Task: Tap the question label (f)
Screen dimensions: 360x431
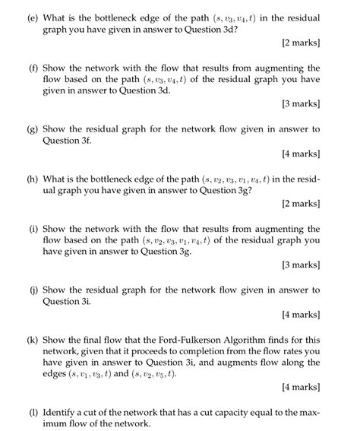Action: point(32,68)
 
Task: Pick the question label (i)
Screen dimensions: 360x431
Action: point(32,229)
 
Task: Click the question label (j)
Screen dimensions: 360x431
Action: point(32,290)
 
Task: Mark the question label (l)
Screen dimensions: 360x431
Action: point(32,413)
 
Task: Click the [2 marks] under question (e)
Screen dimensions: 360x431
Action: point(302,43)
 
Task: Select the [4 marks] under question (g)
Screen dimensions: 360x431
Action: point(302,154)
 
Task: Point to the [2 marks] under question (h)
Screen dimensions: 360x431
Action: point(302,204)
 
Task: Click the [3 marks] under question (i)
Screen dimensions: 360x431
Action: point(302,265)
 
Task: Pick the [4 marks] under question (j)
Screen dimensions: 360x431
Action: point(302,315)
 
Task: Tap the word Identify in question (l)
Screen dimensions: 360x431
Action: point(63,413)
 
